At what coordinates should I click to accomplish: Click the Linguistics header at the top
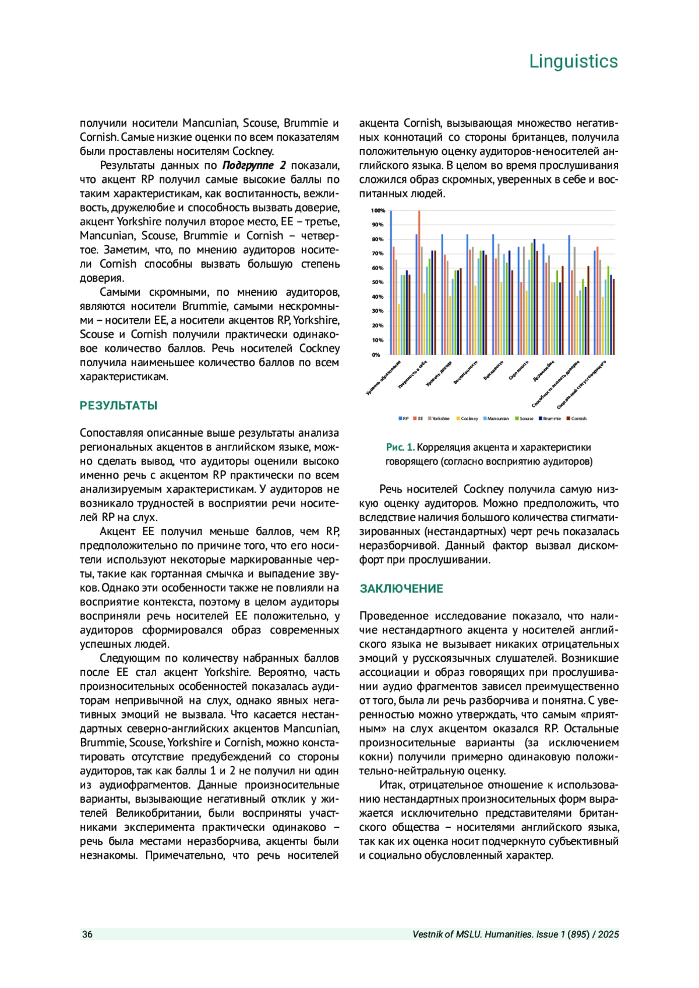[573, 62]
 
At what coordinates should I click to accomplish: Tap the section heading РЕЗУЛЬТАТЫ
[118, 406]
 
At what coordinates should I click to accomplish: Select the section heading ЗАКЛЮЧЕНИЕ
[401, 589]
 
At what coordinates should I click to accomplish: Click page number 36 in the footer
[87, 934]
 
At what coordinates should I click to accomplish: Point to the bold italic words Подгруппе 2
[254, 165]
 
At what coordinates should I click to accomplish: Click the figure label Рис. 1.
[400, 447]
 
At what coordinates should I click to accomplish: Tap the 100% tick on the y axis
[378, 211]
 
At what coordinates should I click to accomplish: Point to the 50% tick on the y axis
[378, 282]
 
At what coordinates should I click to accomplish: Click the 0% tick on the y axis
[376, 355]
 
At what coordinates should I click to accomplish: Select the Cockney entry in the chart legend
[469, 419]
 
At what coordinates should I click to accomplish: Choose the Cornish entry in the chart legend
[578, 419]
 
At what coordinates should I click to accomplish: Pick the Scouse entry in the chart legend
[526, 419]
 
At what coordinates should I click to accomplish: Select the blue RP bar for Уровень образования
[391, 283]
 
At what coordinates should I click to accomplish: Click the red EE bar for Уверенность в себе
[419, 283]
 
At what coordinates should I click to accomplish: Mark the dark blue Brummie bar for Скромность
[534, 297]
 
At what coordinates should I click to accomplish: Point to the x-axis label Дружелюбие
[544, 372]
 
